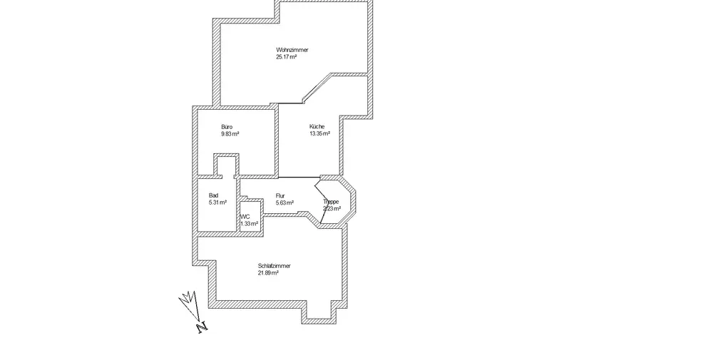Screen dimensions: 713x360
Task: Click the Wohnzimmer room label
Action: click(292, 49)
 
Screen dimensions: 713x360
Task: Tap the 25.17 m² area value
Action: click(287, 56)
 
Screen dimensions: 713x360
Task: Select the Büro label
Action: click(227, 126)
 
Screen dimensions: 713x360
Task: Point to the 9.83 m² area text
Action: click(230, 133)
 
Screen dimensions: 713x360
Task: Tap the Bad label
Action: click(213, 195)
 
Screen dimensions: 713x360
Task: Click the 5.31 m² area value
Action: click(217, 202)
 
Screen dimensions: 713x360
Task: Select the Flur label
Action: click(280, 195)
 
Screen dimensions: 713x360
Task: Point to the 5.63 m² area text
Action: click(284, 202)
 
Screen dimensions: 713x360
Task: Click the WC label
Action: click(245, 216)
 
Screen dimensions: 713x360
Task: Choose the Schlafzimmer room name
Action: click(274, 265)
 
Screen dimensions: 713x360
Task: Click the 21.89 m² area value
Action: click(268, 272)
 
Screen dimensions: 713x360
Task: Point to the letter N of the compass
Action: click(202, 327)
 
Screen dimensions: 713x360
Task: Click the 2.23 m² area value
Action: click(331, 209)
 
